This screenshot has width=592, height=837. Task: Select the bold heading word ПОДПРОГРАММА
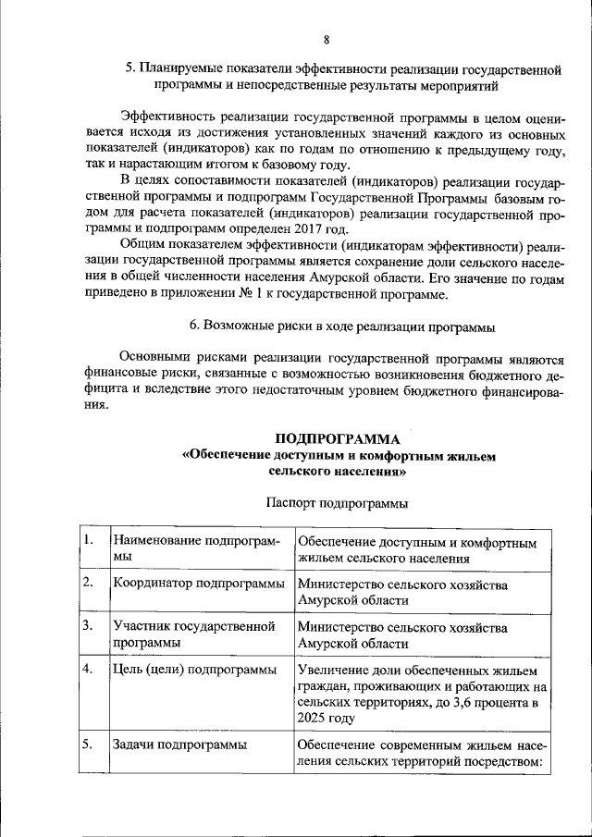point(337,438)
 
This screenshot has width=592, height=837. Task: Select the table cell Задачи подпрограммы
point(179,745)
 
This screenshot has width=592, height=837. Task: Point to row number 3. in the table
point(87,627)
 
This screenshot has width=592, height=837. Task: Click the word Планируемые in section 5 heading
point(181,68)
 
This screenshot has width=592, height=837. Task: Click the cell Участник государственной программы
point(194,634)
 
